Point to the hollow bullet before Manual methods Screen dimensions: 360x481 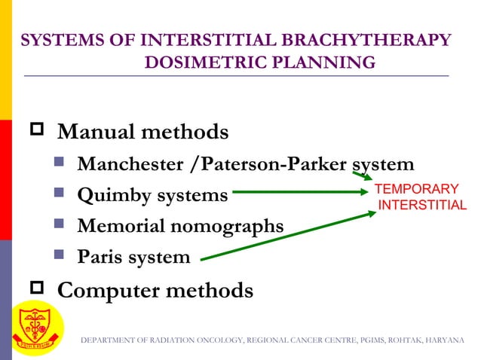[x=38, y=133]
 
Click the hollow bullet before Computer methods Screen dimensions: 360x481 [x=38, y=289]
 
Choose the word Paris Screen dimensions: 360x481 [x=99, y=257]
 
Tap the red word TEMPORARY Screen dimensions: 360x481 [x=416, y=189]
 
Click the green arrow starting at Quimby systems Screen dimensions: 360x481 [x=302, y=193]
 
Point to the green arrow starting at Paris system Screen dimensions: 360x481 [x=286, y=236]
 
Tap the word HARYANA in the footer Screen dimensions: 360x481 [x=445, y=341]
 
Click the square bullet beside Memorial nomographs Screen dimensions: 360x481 [x=63, y=225]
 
